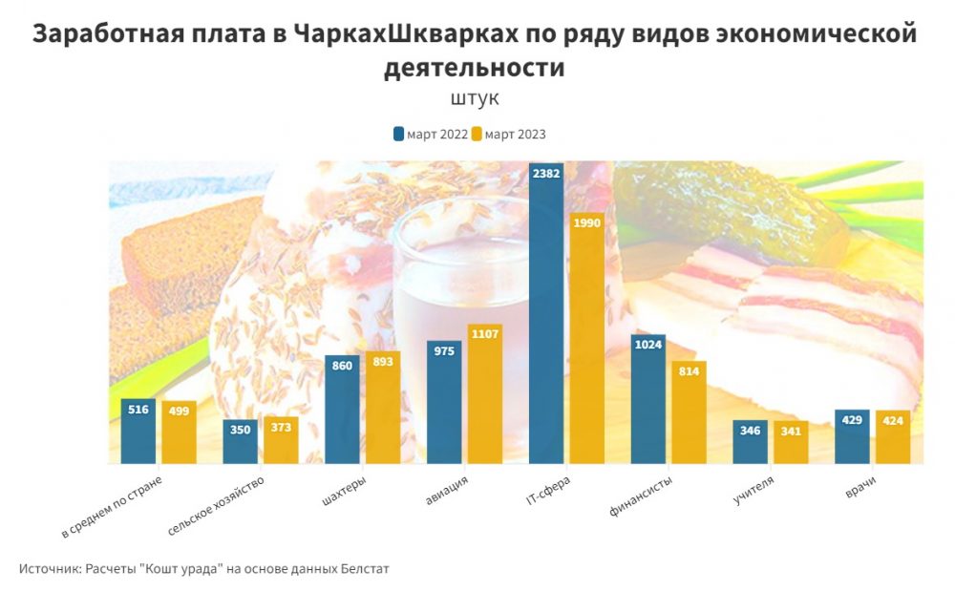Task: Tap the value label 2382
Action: coord(545,173)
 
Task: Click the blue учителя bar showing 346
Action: coord(750,444)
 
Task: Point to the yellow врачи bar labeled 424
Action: coord(892,439)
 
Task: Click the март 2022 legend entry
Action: coord(431,135)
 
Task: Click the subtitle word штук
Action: coord(475,98)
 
